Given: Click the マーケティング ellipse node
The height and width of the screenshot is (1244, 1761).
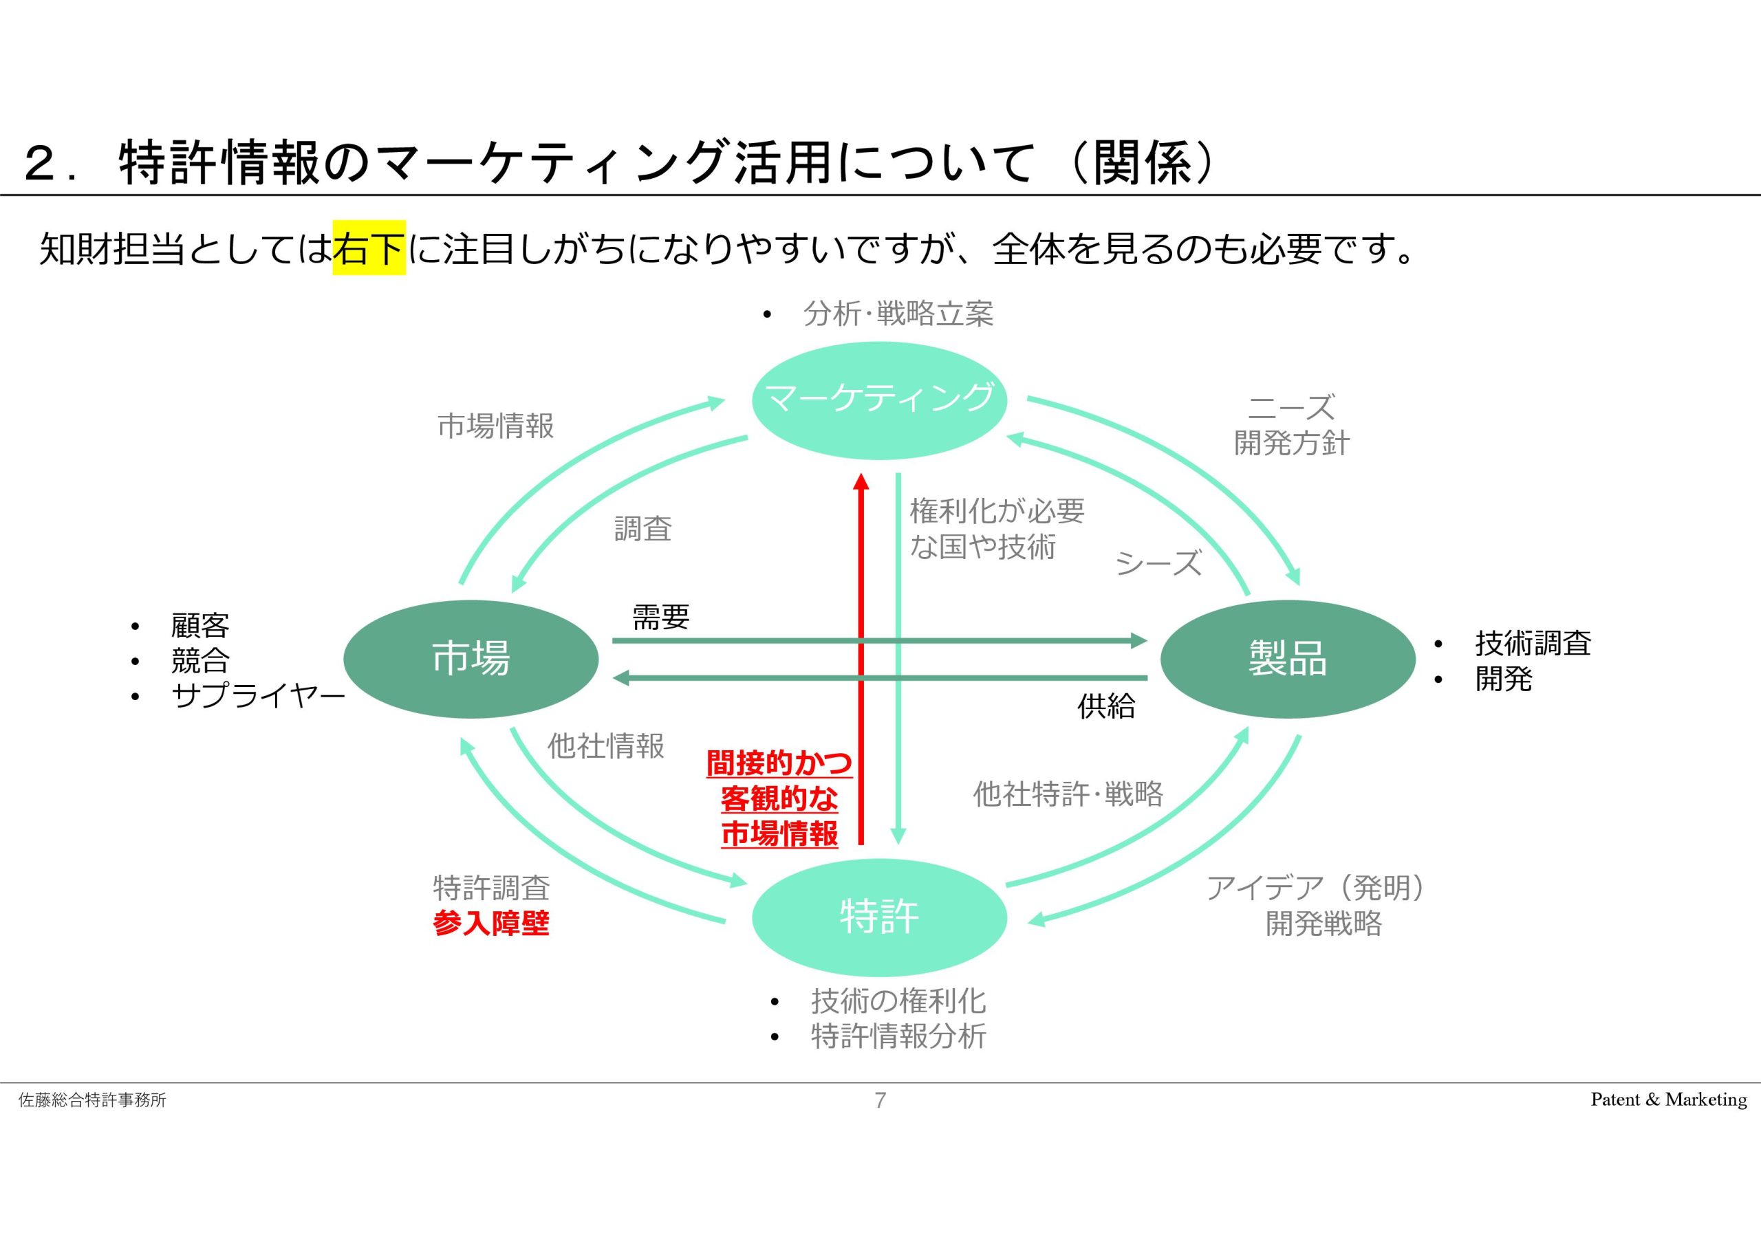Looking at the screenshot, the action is point(879,400).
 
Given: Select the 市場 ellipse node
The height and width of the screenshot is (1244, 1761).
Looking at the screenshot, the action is point(471,659).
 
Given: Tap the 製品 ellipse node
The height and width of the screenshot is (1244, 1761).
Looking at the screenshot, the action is point(1288,659).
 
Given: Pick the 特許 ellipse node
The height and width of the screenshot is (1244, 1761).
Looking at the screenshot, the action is point(879,917).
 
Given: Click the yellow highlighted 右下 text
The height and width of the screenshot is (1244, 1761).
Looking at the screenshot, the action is point(369,248).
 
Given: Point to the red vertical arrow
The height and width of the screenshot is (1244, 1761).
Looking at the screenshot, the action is point(861,659).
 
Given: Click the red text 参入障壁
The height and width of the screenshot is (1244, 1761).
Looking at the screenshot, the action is point(491,924).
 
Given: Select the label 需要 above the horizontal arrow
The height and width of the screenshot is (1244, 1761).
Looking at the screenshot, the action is point(660,617).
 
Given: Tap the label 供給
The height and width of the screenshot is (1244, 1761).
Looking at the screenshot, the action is point(1106,706).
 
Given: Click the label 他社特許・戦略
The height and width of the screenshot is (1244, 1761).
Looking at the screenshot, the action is point(1068,794).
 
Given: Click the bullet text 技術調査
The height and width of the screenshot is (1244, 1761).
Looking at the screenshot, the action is point(1533,643).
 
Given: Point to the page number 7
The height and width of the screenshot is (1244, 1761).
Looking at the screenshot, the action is point(880,1100).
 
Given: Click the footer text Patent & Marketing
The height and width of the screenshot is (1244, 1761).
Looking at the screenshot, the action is point(1669,1100).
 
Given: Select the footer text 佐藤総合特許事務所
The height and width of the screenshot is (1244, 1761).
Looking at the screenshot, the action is point(92,1100).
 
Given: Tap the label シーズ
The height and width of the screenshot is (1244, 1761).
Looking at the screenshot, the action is point(1158,564).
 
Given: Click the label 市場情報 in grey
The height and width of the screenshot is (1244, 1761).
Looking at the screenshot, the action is point(495,426).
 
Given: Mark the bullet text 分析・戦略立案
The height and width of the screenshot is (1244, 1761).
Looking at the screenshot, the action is point(898,314).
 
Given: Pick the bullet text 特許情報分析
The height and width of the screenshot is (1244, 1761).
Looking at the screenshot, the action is point(899,1036).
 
